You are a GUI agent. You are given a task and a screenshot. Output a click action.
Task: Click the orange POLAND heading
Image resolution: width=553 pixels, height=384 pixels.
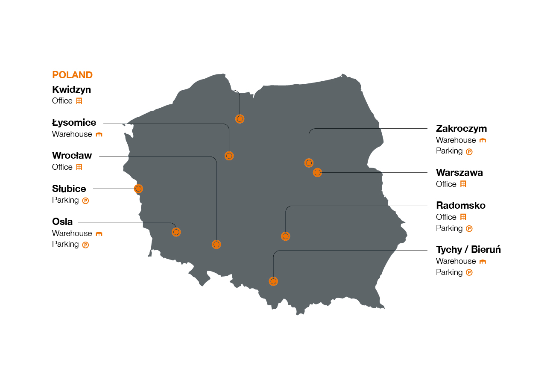coord(72,75)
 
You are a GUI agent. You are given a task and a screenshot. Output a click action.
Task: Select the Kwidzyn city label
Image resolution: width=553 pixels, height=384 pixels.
coord(71,90)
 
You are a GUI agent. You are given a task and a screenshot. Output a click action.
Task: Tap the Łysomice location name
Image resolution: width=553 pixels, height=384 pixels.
coord(74,123)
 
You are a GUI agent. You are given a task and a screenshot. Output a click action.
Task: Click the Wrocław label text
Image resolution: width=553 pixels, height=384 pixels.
coord(72,156)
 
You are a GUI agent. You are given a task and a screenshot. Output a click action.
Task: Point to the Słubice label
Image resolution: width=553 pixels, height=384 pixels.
coord(69,189)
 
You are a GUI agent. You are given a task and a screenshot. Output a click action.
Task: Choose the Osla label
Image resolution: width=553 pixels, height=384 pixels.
coord(62,222)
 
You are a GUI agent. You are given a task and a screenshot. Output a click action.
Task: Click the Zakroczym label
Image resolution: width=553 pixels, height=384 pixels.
coord(461,129)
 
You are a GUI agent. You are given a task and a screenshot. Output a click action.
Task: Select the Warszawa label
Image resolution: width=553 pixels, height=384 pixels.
coord(459,173)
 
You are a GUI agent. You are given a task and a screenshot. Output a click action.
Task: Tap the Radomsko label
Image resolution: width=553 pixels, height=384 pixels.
coord(460,206)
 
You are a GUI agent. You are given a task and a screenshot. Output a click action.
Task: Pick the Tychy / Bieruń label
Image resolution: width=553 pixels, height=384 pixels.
coord(468,250)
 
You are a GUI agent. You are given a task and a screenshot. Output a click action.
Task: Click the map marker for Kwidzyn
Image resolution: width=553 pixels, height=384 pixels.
coord(240,119)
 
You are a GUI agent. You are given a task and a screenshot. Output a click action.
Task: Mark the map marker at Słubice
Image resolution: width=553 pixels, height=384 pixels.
coord(138,189)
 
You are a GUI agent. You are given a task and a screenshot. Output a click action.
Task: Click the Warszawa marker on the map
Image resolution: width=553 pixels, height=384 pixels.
coord(317,173)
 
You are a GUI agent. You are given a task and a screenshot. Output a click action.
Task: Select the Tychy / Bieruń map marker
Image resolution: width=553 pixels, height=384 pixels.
coord(273,281)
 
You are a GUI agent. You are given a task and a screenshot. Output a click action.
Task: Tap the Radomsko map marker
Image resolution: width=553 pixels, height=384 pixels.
coord(286,236)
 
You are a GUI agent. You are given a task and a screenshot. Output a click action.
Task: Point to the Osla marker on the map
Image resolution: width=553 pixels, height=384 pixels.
coord(176,232)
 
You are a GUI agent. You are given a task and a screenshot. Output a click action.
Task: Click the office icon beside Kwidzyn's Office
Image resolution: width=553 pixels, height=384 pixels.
coord(79,101)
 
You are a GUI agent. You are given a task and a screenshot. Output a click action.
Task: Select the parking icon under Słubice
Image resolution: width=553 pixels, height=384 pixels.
coord(85,201)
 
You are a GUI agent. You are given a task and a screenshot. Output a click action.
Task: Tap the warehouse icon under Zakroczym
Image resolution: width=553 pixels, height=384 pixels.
coord(483,140)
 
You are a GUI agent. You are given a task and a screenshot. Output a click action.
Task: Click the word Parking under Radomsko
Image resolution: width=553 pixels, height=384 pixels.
coord(449,228)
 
